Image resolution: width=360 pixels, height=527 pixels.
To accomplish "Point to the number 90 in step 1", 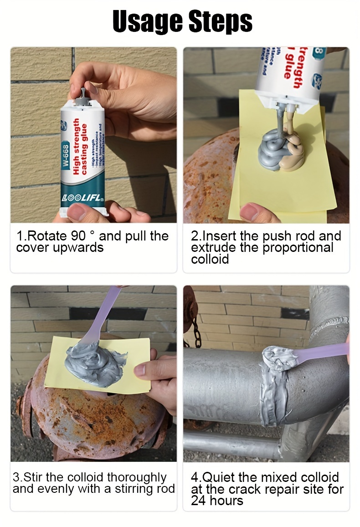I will pyautogui.click(x=78, y=236).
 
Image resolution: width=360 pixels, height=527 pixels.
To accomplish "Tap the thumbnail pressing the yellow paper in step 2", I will pyautogui.click(x=252, y=211).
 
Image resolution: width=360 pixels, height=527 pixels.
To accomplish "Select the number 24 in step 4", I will pyautogui.click(x=199, y=501).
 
